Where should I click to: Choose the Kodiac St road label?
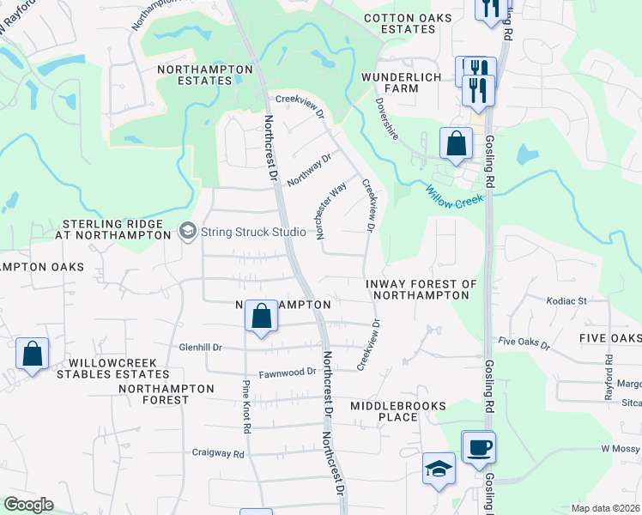566,301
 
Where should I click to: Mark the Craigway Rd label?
218,452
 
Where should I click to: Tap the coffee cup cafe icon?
478,447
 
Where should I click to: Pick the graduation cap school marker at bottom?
439,469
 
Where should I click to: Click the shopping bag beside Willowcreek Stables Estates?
32,353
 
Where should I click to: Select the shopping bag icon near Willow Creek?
456,142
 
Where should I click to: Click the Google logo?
28,505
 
